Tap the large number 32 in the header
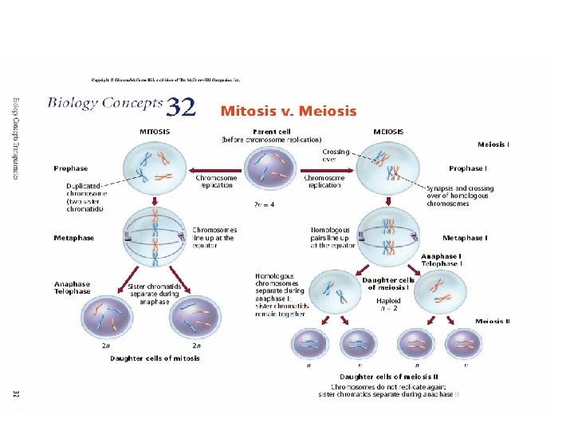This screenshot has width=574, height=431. click(182, 107)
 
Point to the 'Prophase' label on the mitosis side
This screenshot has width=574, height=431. click(71, 168)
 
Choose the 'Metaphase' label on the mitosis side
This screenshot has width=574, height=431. click(73, 237)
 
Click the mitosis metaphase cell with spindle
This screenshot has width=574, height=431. click(155, 237)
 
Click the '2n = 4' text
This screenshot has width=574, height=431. click(264, 204)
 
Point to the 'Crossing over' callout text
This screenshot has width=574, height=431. click(336, 154)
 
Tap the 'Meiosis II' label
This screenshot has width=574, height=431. click(493, 321)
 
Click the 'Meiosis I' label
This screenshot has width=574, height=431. click(493, 144)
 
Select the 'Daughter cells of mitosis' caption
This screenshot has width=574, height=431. click(155, 358)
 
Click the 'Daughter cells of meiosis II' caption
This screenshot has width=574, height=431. click(388, 376)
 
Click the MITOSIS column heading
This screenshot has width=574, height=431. click(154, 131)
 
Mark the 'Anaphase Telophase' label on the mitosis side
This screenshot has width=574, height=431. click(72, 287)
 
